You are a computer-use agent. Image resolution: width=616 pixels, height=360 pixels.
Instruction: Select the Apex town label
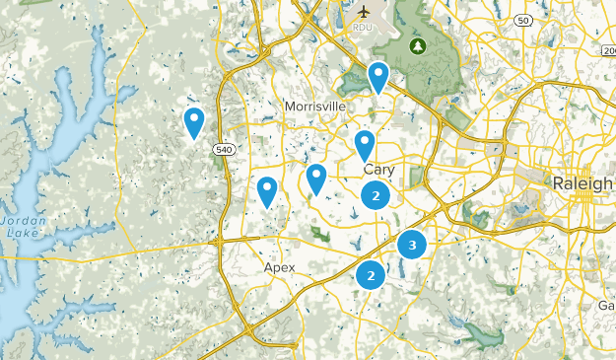[280, 267]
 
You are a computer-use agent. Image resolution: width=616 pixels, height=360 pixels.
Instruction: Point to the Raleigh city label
[582, 184]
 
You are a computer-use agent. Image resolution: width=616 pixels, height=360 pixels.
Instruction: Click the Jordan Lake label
[21, 227]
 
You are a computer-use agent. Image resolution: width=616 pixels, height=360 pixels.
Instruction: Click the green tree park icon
[418, 45]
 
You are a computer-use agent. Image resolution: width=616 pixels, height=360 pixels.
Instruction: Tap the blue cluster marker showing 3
[412, 244]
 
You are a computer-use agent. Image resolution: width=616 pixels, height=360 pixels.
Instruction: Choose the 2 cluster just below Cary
[375, 195]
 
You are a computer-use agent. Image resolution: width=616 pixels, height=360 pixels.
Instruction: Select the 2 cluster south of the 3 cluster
[371, 276]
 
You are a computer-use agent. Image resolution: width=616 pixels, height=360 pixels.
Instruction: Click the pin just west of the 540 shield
[194, 121]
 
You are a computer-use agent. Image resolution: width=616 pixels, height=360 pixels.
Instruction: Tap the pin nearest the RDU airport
[378, 76]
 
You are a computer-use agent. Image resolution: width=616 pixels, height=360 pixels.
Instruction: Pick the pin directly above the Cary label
[365, 145]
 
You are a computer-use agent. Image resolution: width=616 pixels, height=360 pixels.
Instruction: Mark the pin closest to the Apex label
[266, 190]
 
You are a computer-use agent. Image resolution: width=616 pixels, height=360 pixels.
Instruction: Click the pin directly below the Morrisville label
[316, 179]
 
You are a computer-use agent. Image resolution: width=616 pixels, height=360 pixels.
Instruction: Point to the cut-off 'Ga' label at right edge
[606, 306]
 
